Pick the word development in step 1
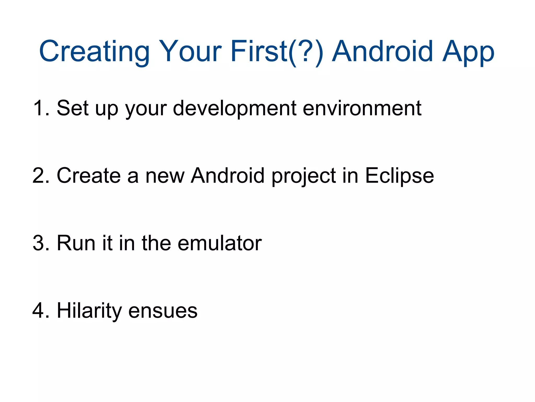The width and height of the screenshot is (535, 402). click(x=234, y=108)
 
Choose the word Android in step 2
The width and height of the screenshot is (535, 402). click(x=228, y=176)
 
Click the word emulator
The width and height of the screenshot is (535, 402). click(x=219, y=243)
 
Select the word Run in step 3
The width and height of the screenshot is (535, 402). click(x=76, y=243)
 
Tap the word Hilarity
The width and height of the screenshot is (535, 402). click(x=89, y=311)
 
